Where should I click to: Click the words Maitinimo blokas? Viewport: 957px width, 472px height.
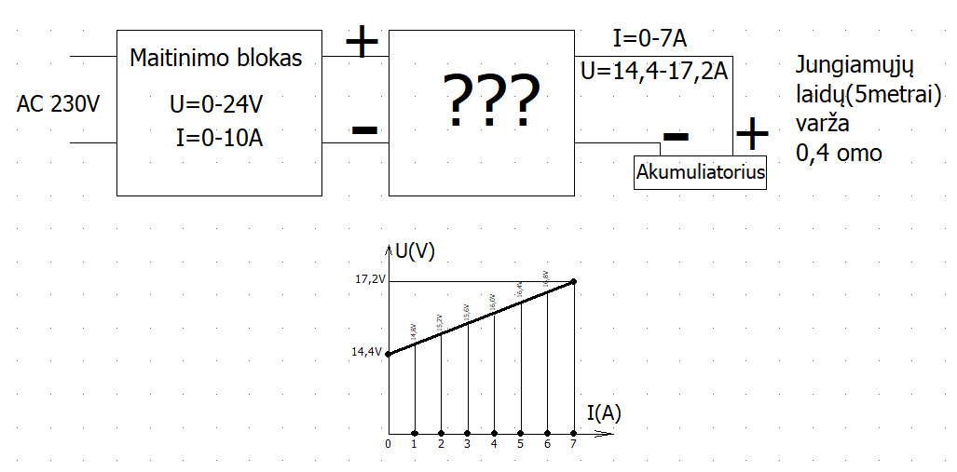[x=216, y=59]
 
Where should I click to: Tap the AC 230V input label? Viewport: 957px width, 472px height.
[x=58, y=103]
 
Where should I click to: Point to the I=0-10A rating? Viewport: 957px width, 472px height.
[x=219, y=139]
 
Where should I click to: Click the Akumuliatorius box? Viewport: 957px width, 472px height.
[x=700, y=172]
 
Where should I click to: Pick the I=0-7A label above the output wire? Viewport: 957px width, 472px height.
[x=650, y=39]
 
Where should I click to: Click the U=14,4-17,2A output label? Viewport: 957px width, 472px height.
[x=653, y=71]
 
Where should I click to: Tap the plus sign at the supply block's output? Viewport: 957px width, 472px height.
[x=362, y=42]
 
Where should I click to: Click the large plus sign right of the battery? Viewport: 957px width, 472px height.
[x=751, y=134]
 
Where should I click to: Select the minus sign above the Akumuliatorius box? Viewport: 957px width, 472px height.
[x=676, y=137]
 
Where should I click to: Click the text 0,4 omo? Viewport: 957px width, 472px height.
[x=839, y=154]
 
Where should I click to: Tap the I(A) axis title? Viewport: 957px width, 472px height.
[x=605, y=412]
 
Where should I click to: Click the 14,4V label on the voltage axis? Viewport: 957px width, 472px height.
[x=366, y=353]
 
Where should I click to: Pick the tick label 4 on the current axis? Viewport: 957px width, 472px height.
[x=494, y=444]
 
